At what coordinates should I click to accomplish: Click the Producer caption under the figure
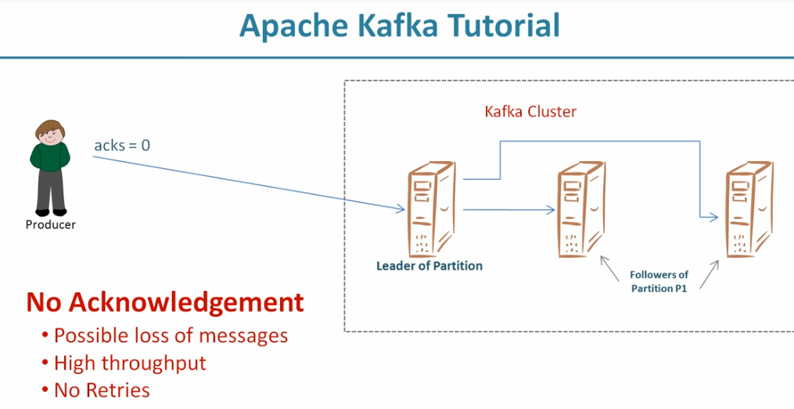(x=51, y=225)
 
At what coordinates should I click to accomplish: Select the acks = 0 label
(x=122, y=145)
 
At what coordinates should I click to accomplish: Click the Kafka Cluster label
(x=530, y=112)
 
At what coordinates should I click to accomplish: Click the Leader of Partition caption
(x=429, y=266)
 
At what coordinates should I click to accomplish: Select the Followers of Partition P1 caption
(x=659, y=282)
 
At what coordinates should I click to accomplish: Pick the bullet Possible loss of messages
(x=171, y=335)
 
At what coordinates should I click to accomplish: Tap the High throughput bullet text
(x=130, y=363)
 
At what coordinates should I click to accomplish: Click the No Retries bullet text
(x=102, y=389)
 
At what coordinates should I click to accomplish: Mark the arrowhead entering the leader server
(x=401, y=209)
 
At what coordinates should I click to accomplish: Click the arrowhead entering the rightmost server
(x=713, y=218)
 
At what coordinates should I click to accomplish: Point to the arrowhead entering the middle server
(x=551, y=210)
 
